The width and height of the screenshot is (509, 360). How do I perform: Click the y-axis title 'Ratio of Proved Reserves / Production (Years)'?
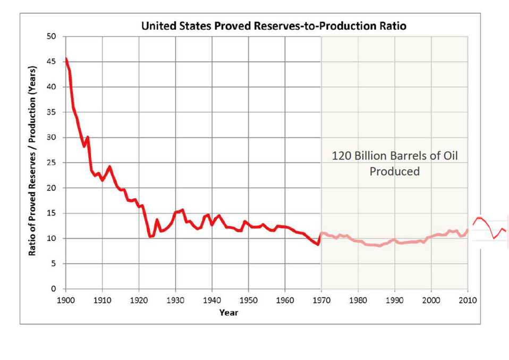32,161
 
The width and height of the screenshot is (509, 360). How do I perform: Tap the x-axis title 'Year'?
229,313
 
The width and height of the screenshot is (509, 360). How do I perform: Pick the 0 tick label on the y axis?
54,289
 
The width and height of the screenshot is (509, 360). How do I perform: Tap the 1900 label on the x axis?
66,300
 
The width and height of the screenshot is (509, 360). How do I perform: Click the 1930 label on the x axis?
175,300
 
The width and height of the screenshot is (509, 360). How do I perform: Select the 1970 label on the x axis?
321,300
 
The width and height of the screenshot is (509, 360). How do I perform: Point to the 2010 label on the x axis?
468,300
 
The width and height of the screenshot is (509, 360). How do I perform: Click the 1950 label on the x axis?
248,300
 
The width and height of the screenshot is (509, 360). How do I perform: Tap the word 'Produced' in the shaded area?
394,171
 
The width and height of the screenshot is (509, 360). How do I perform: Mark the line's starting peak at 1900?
66,58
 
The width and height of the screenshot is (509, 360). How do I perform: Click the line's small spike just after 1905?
88,137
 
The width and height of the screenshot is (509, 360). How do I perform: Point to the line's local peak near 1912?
109,166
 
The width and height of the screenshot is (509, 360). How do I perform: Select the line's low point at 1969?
317,245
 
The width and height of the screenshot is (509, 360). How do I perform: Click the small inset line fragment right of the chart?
489,228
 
